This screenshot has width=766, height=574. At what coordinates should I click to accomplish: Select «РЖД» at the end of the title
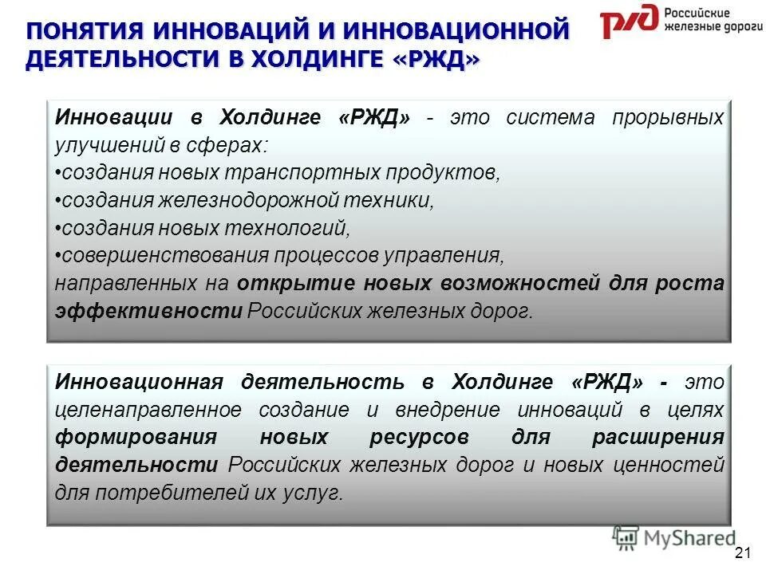(x=436, y=62)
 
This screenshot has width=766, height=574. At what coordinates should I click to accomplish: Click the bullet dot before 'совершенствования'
(x=58, y=256)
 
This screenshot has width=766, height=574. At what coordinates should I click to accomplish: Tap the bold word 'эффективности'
(x=148, y=311)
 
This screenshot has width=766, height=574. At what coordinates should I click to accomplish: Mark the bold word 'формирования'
(x=136, y=438)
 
